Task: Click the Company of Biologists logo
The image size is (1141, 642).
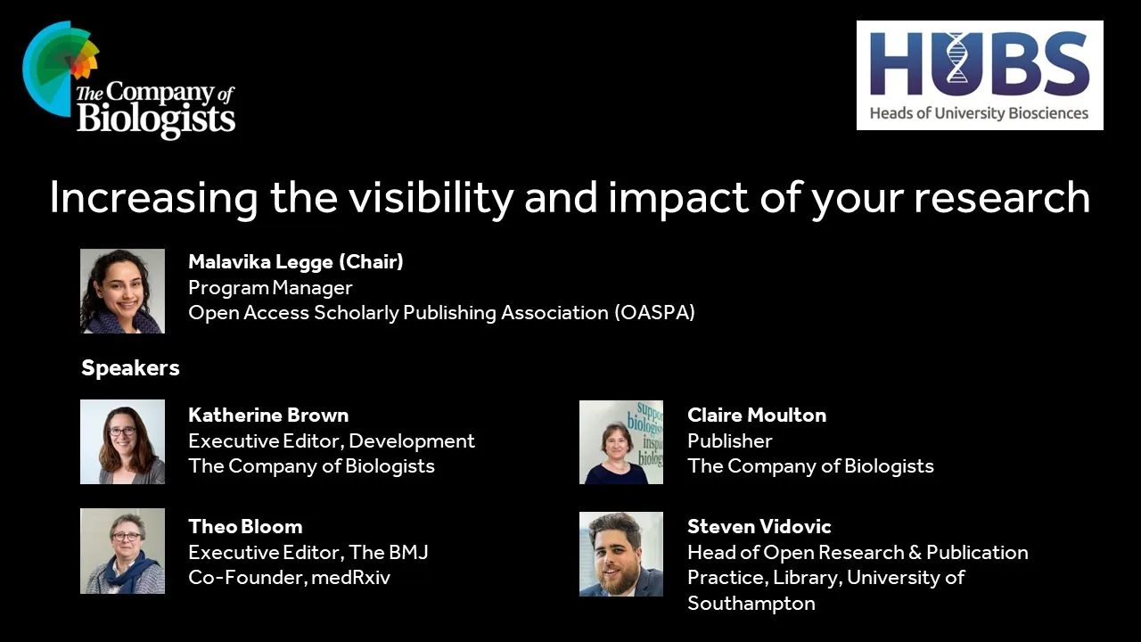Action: pos(128,80)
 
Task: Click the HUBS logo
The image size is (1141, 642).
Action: pos(980,76)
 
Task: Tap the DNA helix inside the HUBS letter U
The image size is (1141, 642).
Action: pos(957,58)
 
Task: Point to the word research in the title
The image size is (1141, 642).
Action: pos(1002,198)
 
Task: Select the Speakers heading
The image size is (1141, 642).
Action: pos(130,368)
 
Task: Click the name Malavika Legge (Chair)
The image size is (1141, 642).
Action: pos(295,262)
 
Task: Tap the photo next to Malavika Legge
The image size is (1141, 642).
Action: pos(122,291)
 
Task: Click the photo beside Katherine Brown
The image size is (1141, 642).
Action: pos(122,441)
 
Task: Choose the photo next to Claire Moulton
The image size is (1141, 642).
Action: pos(621,442)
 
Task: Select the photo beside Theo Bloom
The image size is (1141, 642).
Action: pos(122,551)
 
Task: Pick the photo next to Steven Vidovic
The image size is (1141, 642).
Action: pos(621,554)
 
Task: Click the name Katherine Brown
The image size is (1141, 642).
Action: pos(268,416)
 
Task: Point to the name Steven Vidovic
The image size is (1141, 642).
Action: pos(759,527)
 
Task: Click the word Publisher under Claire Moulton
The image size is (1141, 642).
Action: pos(729,440)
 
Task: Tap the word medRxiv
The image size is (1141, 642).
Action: pos(350,578)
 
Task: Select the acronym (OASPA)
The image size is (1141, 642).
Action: pos(654,313)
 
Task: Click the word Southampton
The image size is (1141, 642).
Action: pos(751,604)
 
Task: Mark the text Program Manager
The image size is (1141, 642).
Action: pos(270,288)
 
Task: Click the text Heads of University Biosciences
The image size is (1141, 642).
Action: pos(979,113)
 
